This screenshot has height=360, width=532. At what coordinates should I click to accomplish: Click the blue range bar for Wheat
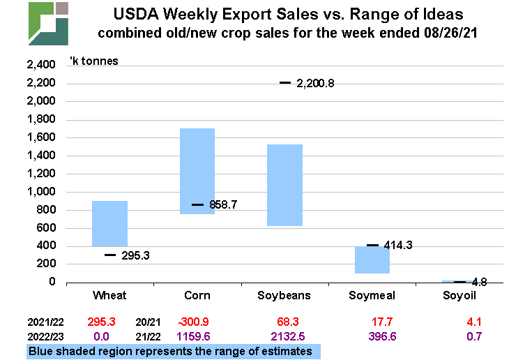coord(110,223)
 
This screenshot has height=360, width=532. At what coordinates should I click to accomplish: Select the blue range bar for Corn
coord(197,171)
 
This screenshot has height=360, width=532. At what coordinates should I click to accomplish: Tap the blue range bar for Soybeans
coord(284,185)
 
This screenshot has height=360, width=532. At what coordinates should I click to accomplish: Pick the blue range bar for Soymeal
coord(372,260)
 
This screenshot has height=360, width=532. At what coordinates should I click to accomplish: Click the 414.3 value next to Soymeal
coord(399,246)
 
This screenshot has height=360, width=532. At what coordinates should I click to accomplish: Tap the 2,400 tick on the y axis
coord(40,66)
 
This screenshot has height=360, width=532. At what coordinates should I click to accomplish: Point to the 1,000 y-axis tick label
coord(40,192)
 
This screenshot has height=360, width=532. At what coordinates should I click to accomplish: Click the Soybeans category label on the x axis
coord(284,296)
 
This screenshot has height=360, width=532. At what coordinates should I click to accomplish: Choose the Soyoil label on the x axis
coord(460,296)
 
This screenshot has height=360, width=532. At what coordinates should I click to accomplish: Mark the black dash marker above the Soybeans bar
coord(284,83)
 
